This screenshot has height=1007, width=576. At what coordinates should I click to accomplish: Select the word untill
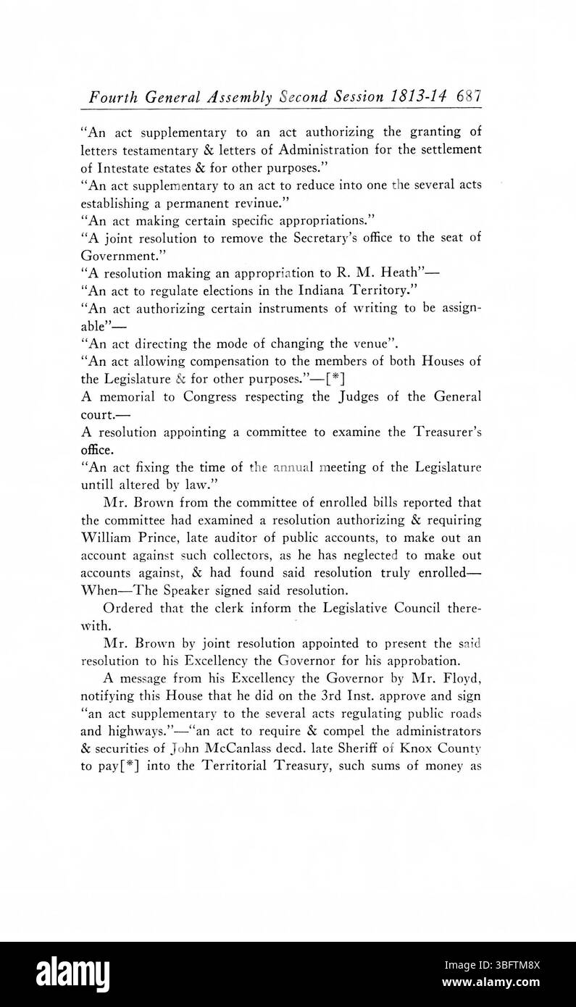pos(97,485)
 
